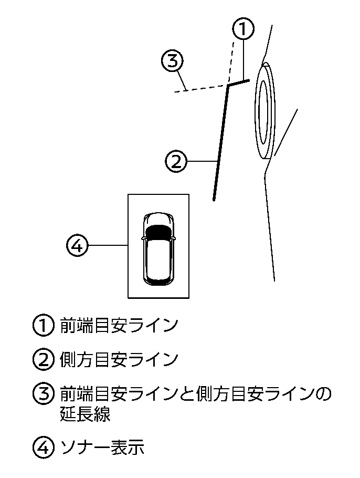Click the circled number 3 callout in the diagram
(172, 61)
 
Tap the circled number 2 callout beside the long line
(176, 161)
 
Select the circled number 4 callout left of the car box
(77, 245)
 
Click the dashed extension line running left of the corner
(199, 88)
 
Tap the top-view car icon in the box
(158, 249)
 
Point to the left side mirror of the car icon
(143, 237)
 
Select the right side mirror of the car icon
(174, 237)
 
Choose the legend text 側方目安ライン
(119, 359)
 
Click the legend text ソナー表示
(102, 447)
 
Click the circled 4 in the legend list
(44, 448)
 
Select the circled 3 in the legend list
(44, 393)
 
